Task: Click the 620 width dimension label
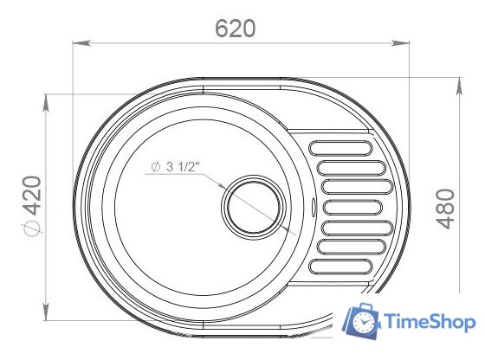236,29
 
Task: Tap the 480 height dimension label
446,209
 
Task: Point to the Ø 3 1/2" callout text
175,167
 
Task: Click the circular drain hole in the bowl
252,207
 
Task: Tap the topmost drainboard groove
340,148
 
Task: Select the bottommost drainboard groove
340,267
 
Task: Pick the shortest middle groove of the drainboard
352,207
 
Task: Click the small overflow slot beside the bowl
313,207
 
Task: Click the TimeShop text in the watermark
430,322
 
